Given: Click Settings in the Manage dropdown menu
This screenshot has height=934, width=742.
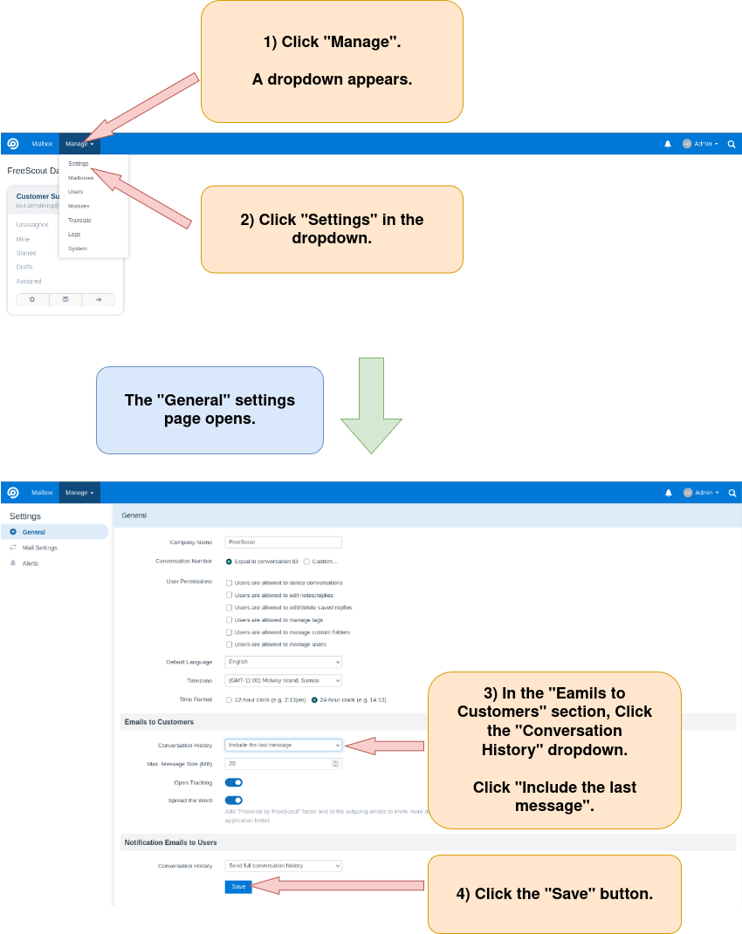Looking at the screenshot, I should click(79, 163).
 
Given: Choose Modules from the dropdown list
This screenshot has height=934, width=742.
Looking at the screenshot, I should click(79, 206).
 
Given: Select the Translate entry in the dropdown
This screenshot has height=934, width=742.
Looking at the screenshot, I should click(79, 220).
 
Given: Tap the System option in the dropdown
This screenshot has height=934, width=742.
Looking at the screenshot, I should click(78, 249).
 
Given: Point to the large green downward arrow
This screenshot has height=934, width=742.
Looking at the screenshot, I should click(372, 406).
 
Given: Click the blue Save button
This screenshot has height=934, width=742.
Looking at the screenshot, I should click(238, 886).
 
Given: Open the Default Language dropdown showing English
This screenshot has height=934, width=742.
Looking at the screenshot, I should click(283, 662).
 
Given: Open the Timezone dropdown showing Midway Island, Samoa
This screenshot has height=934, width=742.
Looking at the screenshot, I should click(283, 680).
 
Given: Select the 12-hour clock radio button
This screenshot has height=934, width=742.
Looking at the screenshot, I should click(229, 699).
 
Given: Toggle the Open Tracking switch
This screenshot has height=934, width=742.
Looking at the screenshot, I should click(233, 782).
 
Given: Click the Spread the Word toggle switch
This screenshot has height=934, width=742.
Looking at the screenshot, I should click(233, 800).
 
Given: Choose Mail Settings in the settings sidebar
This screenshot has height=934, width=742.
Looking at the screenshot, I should click(40, 548).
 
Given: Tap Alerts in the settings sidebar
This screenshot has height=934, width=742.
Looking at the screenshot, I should click(31, 563).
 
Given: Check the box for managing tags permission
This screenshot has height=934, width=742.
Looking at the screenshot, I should click(229, 620).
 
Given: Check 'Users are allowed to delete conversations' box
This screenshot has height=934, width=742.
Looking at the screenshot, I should click(229, 583).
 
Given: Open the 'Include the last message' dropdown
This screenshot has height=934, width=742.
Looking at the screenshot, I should click(283, 745).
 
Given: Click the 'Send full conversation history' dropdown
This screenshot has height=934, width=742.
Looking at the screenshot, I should click(283, 865).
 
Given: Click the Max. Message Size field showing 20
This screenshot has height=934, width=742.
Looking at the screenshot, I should click(279, 764).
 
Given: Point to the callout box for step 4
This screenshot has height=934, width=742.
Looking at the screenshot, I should click(554, 894).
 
